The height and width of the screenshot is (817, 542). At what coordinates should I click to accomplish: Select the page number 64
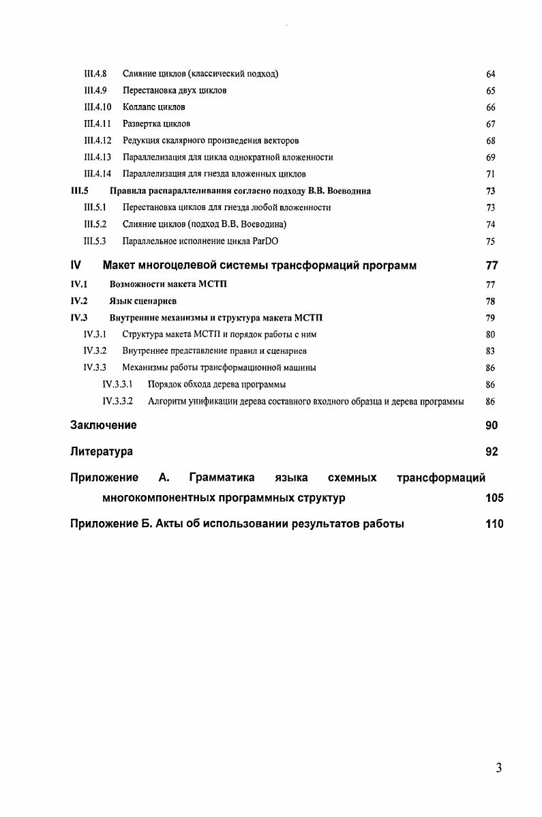click(490, 74)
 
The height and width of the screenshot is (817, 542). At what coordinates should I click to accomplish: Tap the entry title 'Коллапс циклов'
click(154, 107)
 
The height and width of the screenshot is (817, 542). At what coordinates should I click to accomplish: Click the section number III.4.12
click(97, 140)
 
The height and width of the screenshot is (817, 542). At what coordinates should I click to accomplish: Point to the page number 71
click(490, 174)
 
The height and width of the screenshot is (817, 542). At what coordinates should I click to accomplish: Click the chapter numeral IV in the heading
click(76, 265)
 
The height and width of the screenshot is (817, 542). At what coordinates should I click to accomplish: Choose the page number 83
click(490, 351)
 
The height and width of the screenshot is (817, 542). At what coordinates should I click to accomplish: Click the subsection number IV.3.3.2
click(117, 402)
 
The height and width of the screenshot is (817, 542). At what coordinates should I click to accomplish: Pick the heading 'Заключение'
click(103, 426)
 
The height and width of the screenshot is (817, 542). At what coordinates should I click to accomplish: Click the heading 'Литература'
click(102, 451)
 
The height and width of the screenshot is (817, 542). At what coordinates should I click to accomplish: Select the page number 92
click(492, 451)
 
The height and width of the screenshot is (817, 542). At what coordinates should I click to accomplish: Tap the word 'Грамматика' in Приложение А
click(222, 477)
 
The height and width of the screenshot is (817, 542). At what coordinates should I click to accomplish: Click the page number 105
click(494, 498)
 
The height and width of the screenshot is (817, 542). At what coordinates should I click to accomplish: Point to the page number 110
click(494, 524)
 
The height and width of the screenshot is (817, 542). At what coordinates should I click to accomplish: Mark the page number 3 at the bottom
click(498, 769)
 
